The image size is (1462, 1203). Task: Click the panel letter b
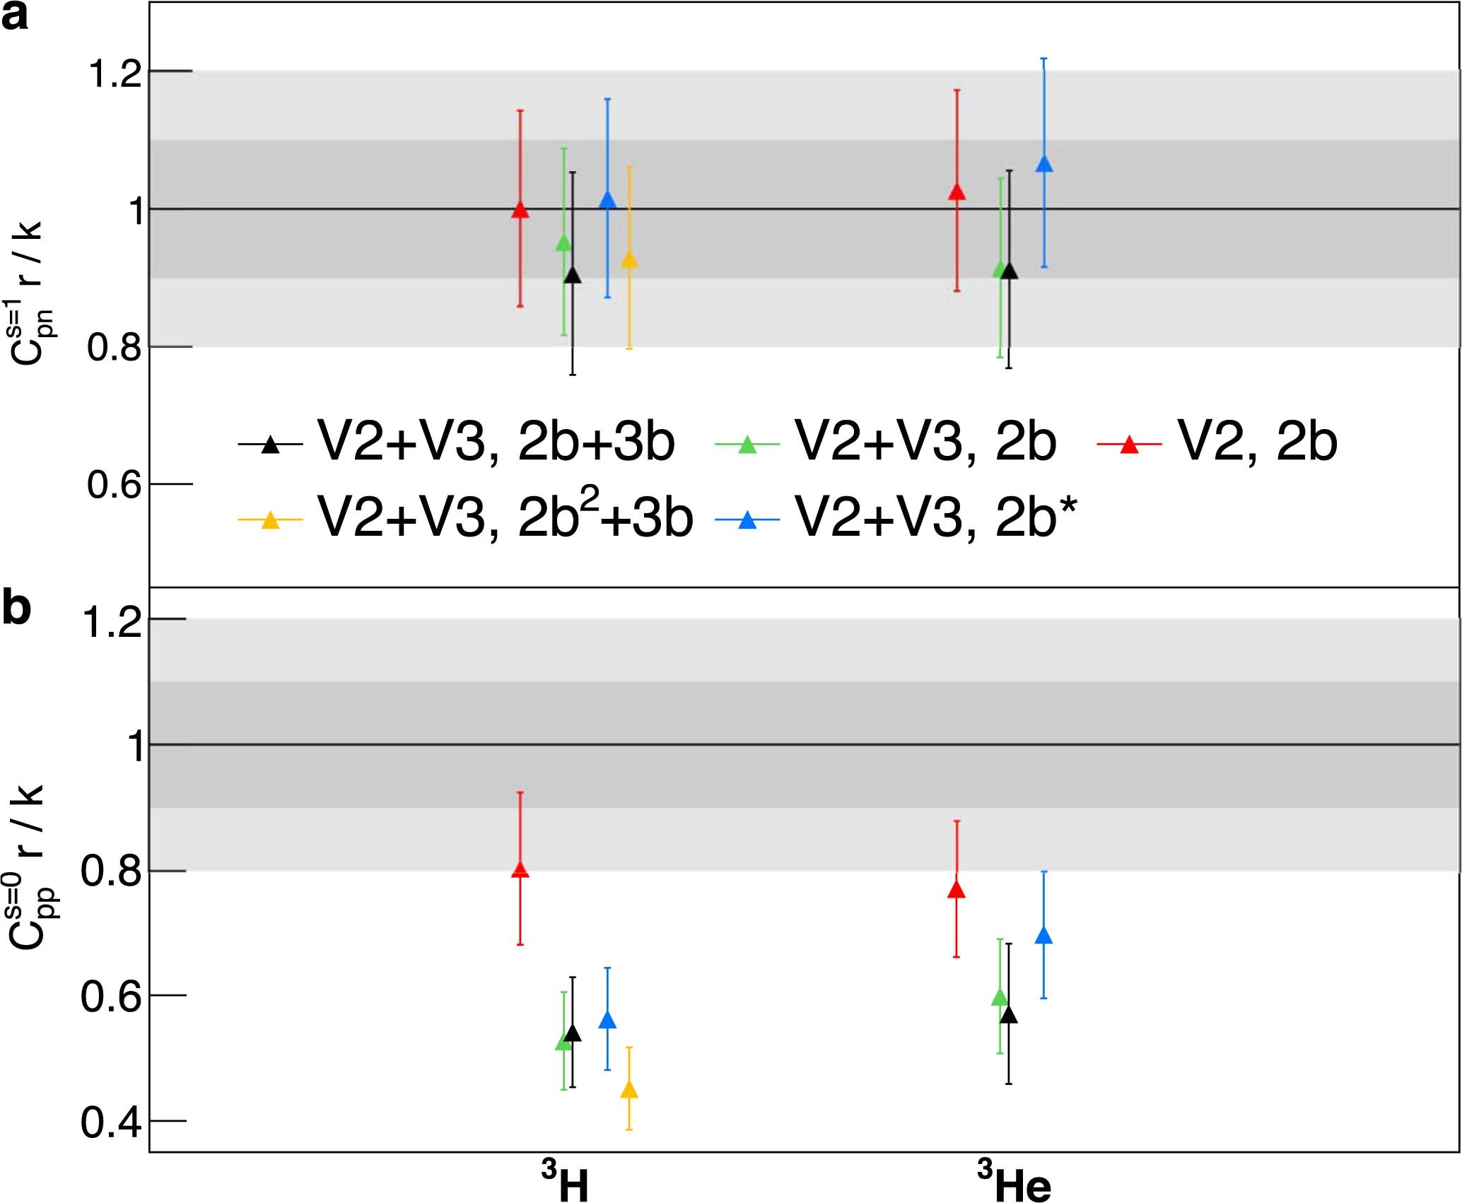17,609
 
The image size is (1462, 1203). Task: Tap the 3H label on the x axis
566,1183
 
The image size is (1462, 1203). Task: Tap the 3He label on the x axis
1014,1183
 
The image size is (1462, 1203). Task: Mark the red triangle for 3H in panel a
520,211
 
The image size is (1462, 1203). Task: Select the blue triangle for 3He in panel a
1044,165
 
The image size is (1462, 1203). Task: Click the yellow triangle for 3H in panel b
629,1091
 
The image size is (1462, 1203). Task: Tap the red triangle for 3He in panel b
957,891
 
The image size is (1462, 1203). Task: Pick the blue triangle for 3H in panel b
607,1021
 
